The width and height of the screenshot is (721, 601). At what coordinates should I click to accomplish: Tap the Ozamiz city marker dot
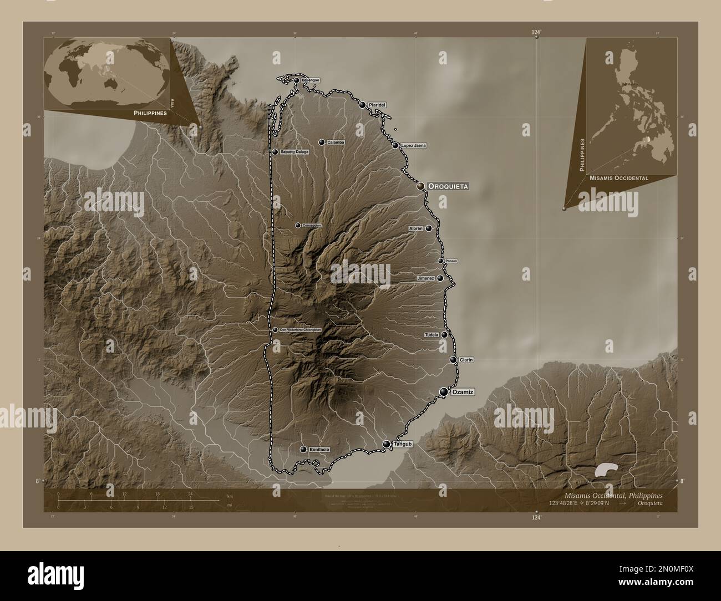click(x=444, y=392)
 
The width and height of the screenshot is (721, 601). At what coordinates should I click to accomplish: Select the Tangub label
click(x=403, y=444)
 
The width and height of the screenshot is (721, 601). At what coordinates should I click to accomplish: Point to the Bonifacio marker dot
click(x=303, y=450)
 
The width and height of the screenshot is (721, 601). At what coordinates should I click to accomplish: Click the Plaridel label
click(x=376, y=105)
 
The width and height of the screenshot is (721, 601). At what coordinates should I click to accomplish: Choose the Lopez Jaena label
click(x=413, y=145)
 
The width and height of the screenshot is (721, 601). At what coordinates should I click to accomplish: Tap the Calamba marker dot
click(x=321, y=142)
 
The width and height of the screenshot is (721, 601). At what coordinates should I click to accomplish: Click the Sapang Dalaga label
click(x=294, y=151)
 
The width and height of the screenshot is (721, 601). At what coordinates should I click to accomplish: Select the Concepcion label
click(x=311, y=225)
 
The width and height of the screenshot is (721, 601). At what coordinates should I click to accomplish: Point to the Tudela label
click(x=431, y=335)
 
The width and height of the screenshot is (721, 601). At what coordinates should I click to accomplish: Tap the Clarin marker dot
click(x=454, y=360)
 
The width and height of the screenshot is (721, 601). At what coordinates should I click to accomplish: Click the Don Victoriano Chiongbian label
click(x=300, y=330)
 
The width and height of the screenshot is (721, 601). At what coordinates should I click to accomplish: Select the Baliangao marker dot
click(x=296, y=80)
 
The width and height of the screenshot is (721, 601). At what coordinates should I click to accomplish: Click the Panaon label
click(x=451, y=261)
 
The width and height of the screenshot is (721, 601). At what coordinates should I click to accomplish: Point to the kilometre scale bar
click(x=125, y=500)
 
